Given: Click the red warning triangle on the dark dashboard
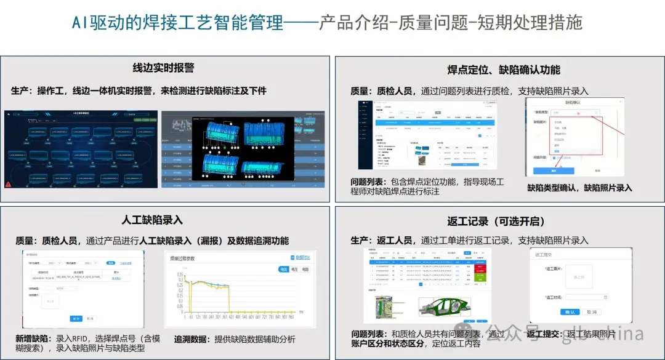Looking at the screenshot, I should click(x=8, y=183).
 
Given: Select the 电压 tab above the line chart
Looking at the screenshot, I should click(x=294, y=270).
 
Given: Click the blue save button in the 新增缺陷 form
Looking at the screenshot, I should click(x=76, y=318).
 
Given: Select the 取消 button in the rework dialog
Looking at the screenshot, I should click(x=590, y=313).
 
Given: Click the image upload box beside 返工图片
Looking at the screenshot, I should click(x=579, y=277).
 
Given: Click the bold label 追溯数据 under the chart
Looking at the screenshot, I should click(x=192, y=339).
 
